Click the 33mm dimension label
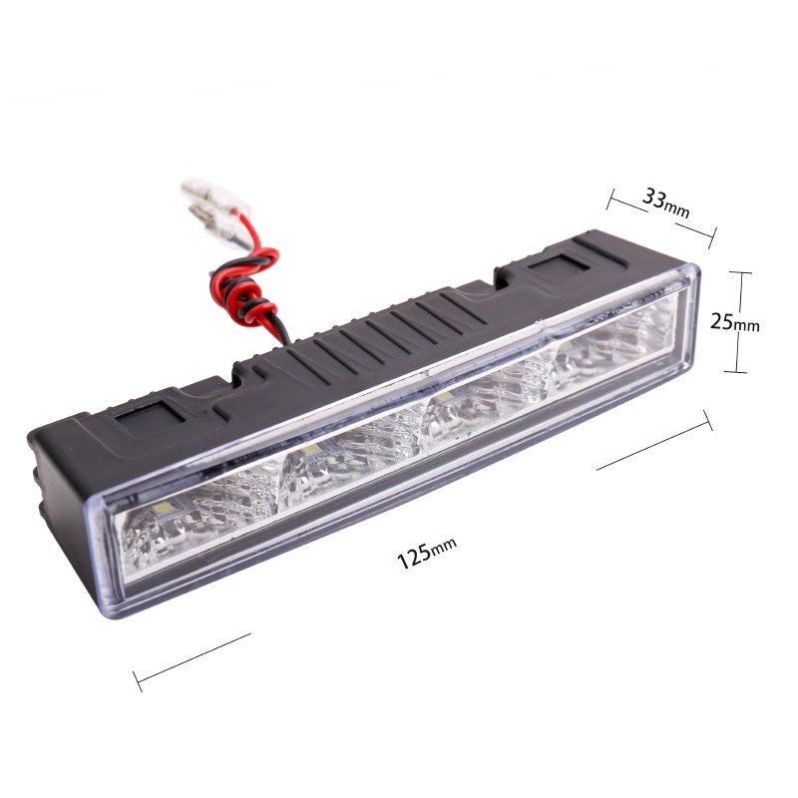[665, 202]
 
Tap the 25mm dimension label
[734, 322]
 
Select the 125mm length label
[427, 553]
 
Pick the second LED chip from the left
[310, 449]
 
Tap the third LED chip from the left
[444, 396]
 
